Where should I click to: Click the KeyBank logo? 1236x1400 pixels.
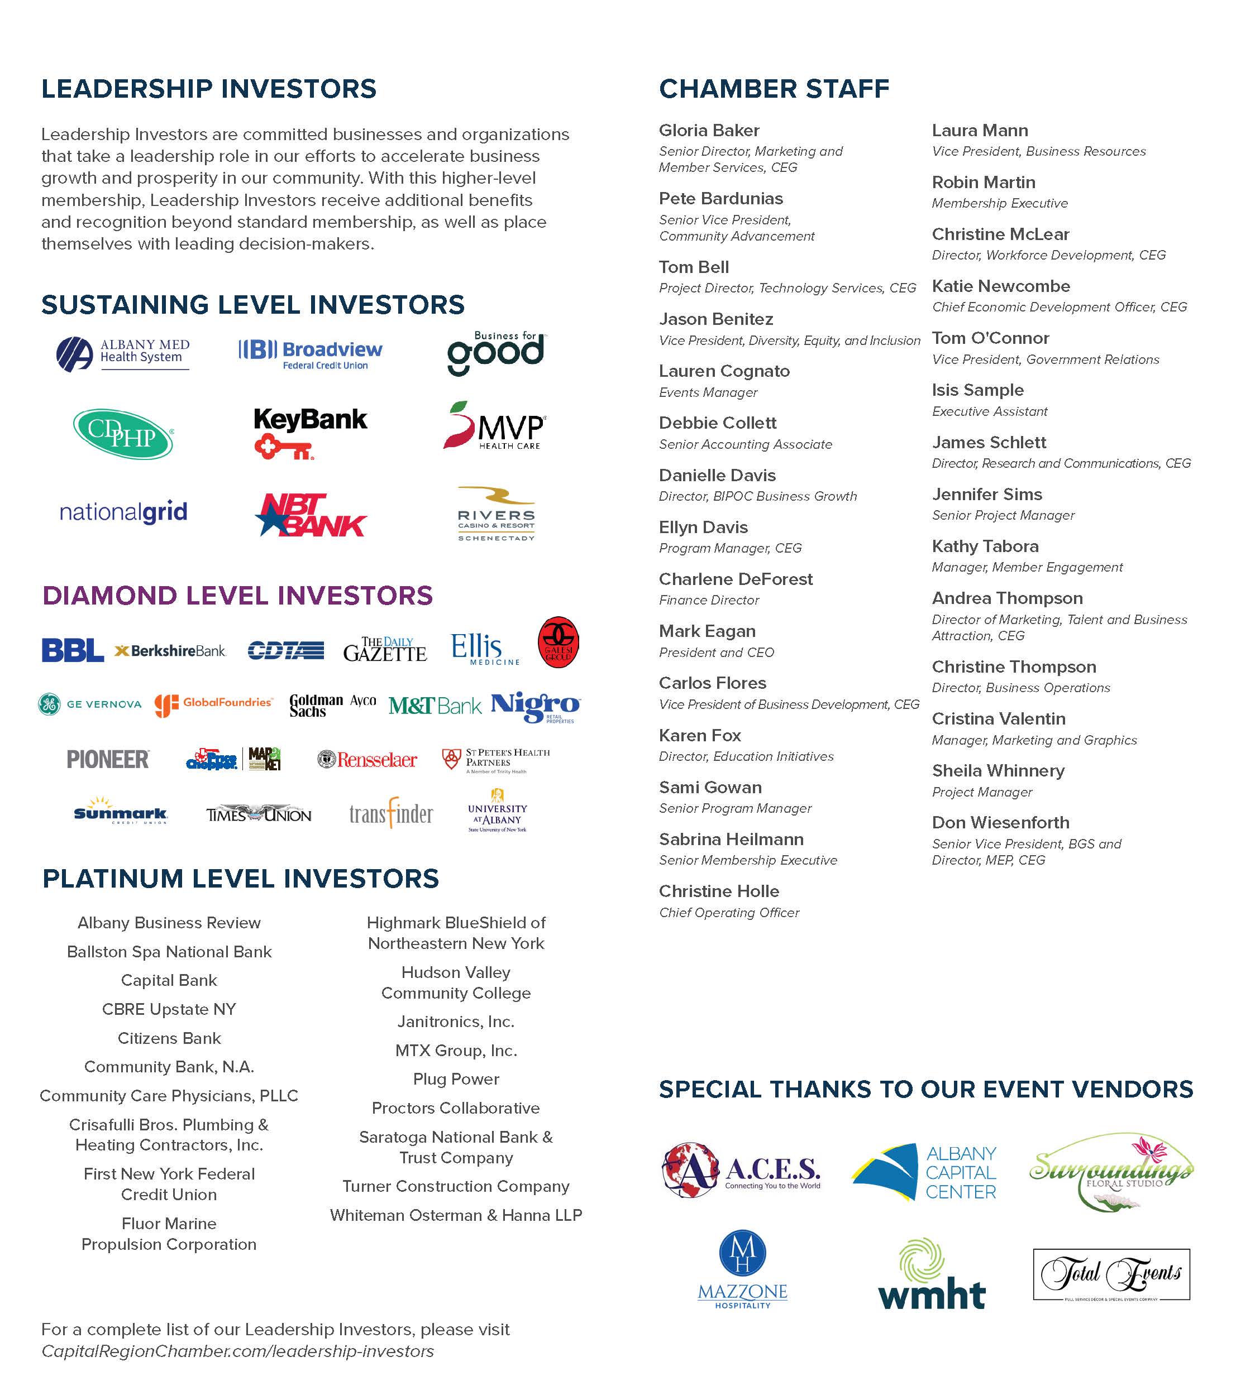(311, 431)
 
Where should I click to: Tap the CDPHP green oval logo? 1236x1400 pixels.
(123, 434)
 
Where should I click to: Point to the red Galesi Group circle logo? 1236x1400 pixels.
(559, 643)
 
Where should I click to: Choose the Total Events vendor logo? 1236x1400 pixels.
(1111, 1274)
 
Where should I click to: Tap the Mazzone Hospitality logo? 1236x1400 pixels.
(743, 1270)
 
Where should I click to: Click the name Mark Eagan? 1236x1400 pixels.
(707, 631)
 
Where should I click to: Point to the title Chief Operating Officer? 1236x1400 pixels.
(729, 912)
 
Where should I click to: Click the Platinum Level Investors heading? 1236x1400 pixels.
(241, 878)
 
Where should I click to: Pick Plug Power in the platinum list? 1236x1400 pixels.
(456, 1079)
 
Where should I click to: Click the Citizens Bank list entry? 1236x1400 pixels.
(169, 1038)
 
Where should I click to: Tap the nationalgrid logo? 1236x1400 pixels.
(123, 512)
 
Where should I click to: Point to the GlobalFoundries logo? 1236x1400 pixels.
(213, 704)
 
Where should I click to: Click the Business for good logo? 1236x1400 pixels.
(495, 353)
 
